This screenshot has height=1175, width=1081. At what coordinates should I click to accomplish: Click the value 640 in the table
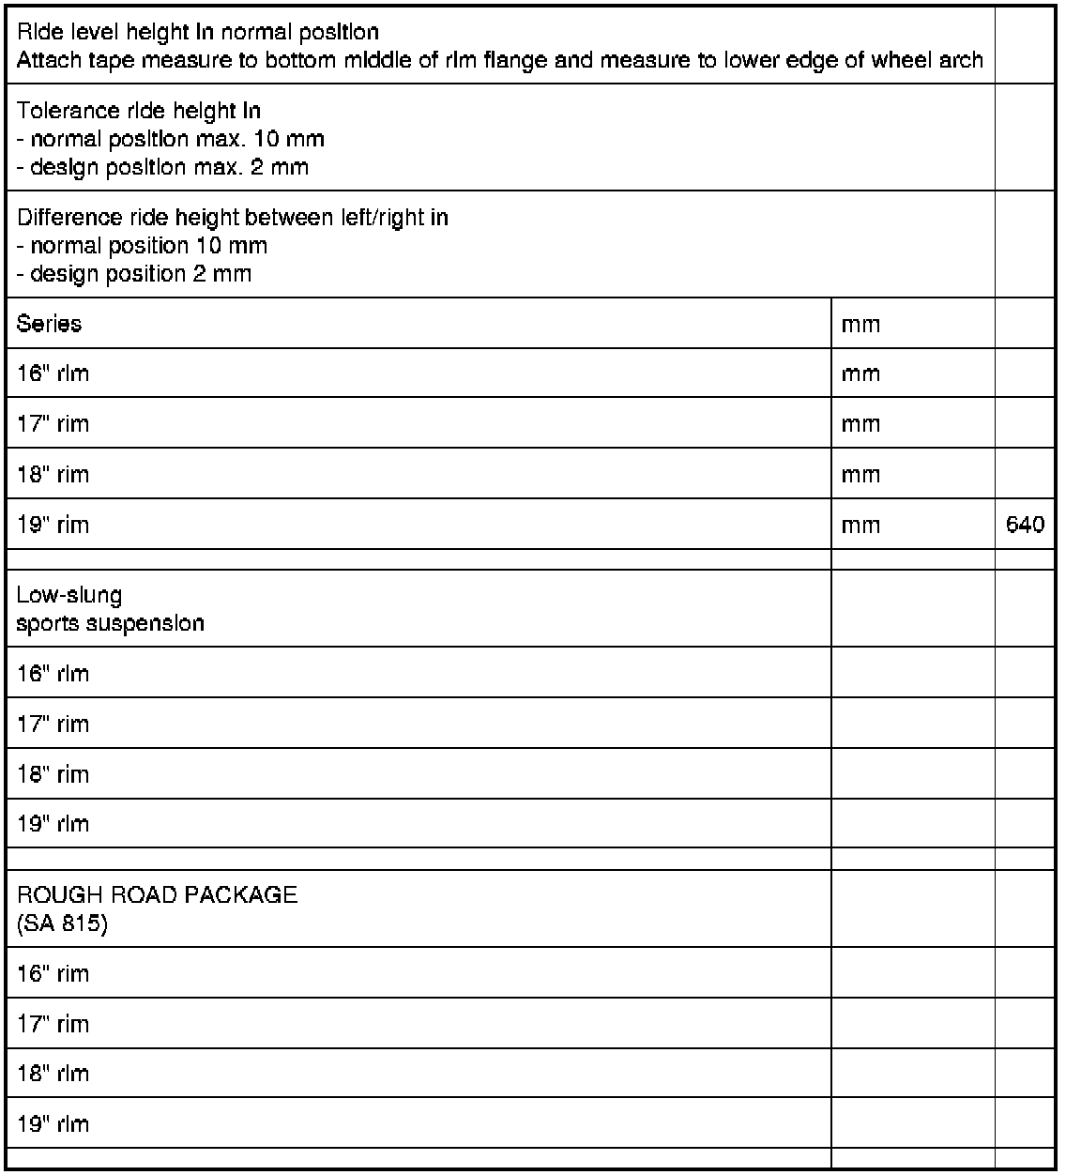(1025, 525)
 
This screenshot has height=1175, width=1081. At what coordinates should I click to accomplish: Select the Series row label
(49, 324)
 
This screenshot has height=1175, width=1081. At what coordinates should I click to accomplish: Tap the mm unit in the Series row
(860, 325)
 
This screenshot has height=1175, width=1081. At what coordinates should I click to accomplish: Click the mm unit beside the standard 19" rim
(860, 526)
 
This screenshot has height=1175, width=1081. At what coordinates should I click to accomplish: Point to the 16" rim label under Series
(53, 374)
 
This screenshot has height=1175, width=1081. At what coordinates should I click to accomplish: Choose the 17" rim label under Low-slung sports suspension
(53, 724)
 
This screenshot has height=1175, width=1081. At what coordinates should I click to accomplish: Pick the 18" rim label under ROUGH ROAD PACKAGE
(53, 1073)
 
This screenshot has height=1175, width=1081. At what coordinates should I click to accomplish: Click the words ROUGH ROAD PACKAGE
(157, 894)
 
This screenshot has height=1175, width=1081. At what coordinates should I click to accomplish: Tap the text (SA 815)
(62, 923)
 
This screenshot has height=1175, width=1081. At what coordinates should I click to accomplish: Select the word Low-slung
(69, 595)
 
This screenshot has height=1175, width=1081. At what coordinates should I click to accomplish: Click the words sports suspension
(110, 623)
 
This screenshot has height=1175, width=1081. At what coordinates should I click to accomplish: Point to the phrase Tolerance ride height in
(138, 111)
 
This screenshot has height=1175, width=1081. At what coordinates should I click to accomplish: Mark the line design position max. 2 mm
(162, 168)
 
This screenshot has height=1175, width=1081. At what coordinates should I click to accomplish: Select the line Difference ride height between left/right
(232, 218)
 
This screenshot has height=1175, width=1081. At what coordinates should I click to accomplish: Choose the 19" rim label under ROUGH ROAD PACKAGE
(53, 1123)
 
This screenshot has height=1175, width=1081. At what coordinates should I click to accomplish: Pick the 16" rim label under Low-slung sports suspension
(53, 673)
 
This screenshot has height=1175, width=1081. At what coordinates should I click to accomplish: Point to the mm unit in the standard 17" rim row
(860, 424)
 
